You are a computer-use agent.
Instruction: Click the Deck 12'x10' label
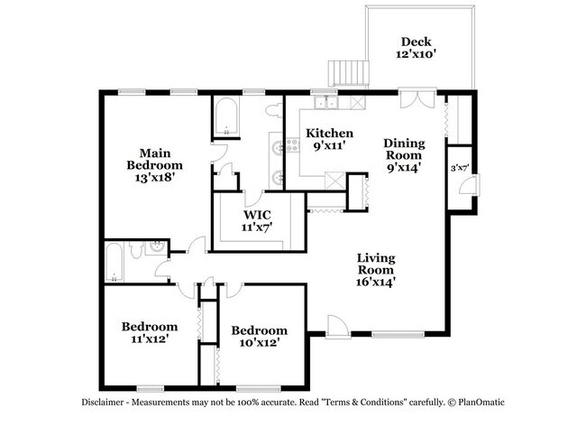pos(417,48)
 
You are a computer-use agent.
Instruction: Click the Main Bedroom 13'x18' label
pos(154,165)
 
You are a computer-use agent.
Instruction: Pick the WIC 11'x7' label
pos(257,221)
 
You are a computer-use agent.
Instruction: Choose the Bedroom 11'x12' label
pos(150,333)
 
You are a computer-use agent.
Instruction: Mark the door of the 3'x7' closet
pos(467,187)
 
